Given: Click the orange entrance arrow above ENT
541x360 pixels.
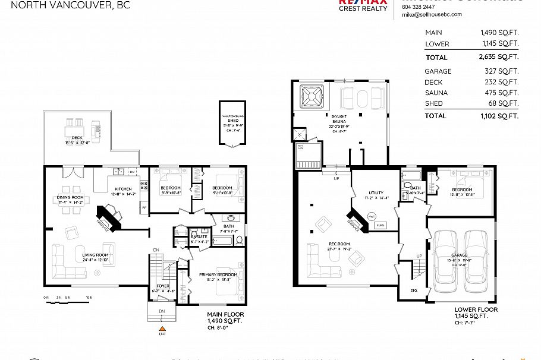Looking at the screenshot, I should point(161,328).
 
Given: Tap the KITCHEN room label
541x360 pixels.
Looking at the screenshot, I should point(124,190).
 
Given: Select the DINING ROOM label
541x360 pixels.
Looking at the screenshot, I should point(70,197).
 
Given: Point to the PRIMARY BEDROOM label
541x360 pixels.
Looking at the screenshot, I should point(218,274).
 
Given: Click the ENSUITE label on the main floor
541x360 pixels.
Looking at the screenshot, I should point(199,236).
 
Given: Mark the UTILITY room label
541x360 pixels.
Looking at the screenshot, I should point(376,192).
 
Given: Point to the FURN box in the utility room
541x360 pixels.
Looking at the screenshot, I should point(380,225).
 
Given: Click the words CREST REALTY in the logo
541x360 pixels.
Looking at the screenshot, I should point(363,8).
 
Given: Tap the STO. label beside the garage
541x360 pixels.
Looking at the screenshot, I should point(413,291).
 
